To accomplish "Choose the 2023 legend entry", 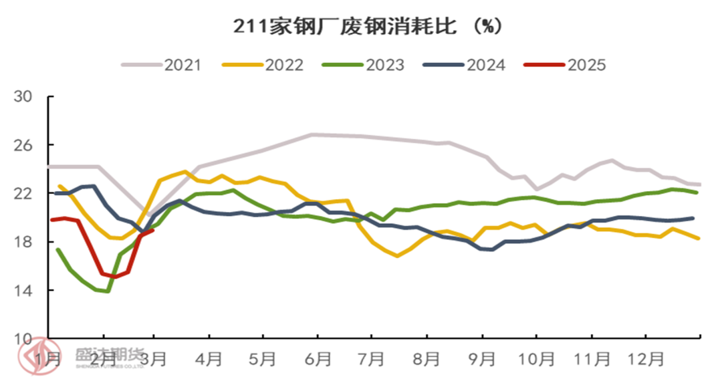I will [x=364, y=65].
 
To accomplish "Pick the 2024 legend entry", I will [x=464, y=65].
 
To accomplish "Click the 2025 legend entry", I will [x=565, y=65].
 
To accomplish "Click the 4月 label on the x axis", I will [x=209, y=359].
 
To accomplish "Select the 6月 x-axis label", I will [x=317, y=359].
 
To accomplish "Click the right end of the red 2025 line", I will [x=153, y=231].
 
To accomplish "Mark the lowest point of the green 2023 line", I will [x=107, y=291].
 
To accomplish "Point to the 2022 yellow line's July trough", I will [x=397, y=256].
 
